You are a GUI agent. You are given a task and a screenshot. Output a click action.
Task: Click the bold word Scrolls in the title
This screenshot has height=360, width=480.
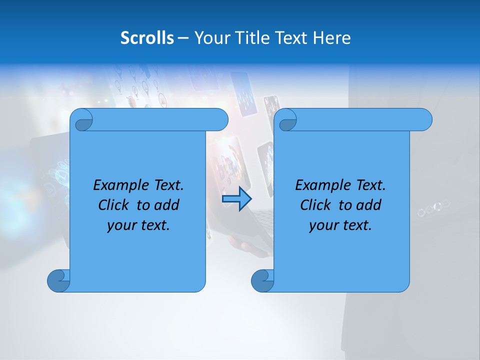point(147,38)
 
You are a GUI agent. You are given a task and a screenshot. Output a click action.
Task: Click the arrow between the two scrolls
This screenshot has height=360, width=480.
point(236,199)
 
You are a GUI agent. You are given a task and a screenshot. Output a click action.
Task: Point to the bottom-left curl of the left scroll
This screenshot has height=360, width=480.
point(58,280)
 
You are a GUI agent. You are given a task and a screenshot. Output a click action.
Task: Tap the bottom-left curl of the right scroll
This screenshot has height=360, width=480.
point(262,280)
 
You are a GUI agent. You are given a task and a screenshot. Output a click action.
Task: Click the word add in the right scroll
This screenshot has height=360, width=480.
point(368,205)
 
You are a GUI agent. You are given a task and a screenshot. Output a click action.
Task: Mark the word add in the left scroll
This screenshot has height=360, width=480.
point(166,205)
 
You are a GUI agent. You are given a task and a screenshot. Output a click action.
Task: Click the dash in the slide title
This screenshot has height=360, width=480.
point(183,38)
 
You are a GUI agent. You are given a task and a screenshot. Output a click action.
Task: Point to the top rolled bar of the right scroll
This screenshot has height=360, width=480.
point(360,119)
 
